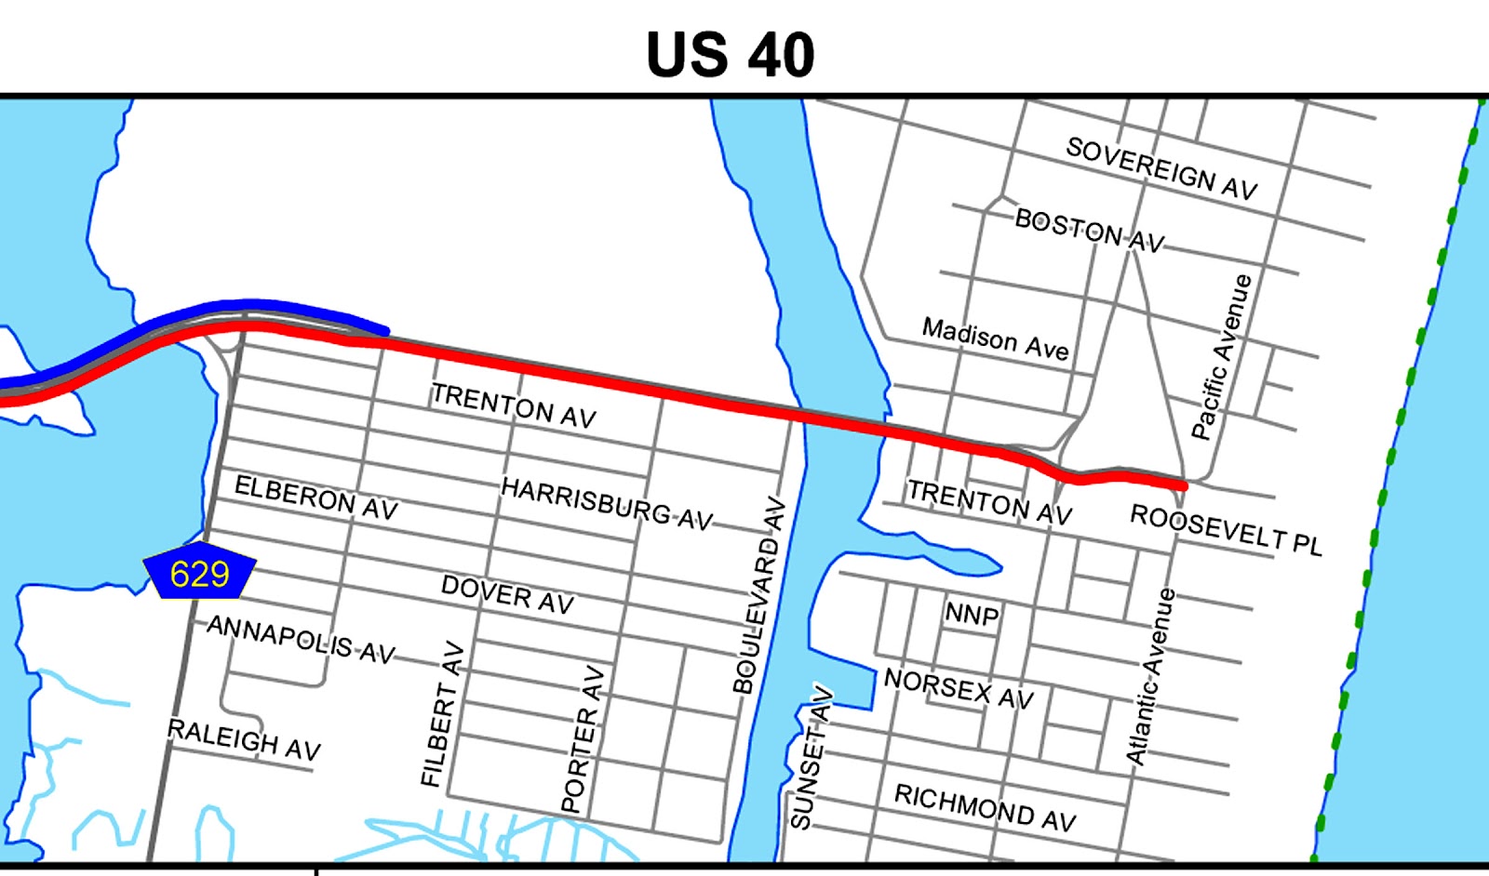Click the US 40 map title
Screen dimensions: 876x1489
731,55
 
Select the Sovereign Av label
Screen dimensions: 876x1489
1161,168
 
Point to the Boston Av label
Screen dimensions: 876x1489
1089,230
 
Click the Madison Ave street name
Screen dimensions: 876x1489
995,338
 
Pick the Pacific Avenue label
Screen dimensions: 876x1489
1222,356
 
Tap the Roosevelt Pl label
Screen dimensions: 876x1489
1226,530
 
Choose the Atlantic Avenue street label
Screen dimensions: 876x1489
1151,677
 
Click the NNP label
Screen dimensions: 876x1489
972,614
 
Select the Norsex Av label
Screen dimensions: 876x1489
959,689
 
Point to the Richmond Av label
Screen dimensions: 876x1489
985,806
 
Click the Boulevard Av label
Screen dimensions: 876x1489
759,596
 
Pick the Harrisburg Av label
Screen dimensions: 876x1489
607,503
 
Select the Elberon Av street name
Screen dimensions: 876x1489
315,498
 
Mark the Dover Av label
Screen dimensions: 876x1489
507,594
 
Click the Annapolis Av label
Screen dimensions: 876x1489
301,639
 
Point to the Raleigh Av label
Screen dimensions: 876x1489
244,739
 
